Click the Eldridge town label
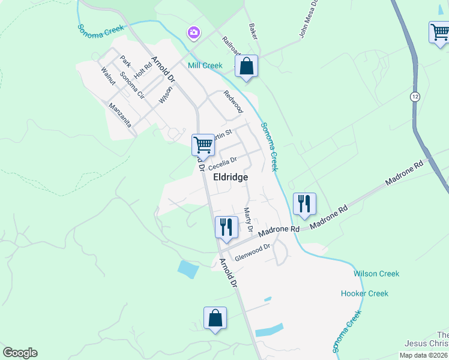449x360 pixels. pyautogui.click(x=231, y=178)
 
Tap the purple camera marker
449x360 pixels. pyautogui.click(x=193, y=32)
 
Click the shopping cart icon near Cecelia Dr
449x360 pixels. pyautogui.click(x=203, y=145)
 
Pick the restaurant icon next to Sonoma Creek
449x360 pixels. pyautogui.click(x=304, y=203)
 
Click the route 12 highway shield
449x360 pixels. pyautogui.click(x=415, y=97)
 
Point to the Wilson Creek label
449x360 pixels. pyautogui.click(x=376, y=274)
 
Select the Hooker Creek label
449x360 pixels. pyautogui.click(x=364, y=293)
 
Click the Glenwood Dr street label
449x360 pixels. pyautogui.click(x=253, y=251)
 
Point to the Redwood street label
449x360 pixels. pyautogui.click(x=233, y=101)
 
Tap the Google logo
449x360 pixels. pyautogui.click(x=20, y=353)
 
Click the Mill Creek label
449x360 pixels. pyautogui.click(x=205, y=65)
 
